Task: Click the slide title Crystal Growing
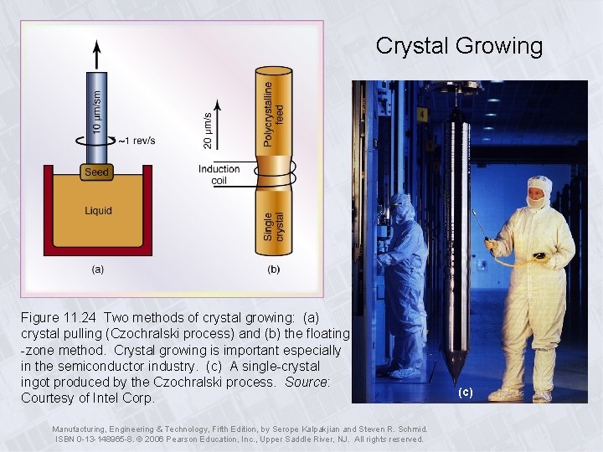pyautogui.click(x=459, y=45)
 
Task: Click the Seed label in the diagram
pyautogui.click(x=97, y=172)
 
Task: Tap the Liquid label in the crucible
pyautogui.click(x=98, y=211)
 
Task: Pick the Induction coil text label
pyautogui.click(x=219, y=174)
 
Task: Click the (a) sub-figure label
pyautogui.click(x=98, y=269)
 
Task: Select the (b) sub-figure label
pyautogui.click(x=274, y=269)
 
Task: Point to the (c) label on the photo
pyautogui.click(x=466, y=392)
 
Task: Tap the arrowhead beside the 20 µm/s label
pyautogui.click(x=219, y=105)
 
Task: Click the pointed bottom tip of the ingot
pyautogui.click(x=453, y=382)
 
